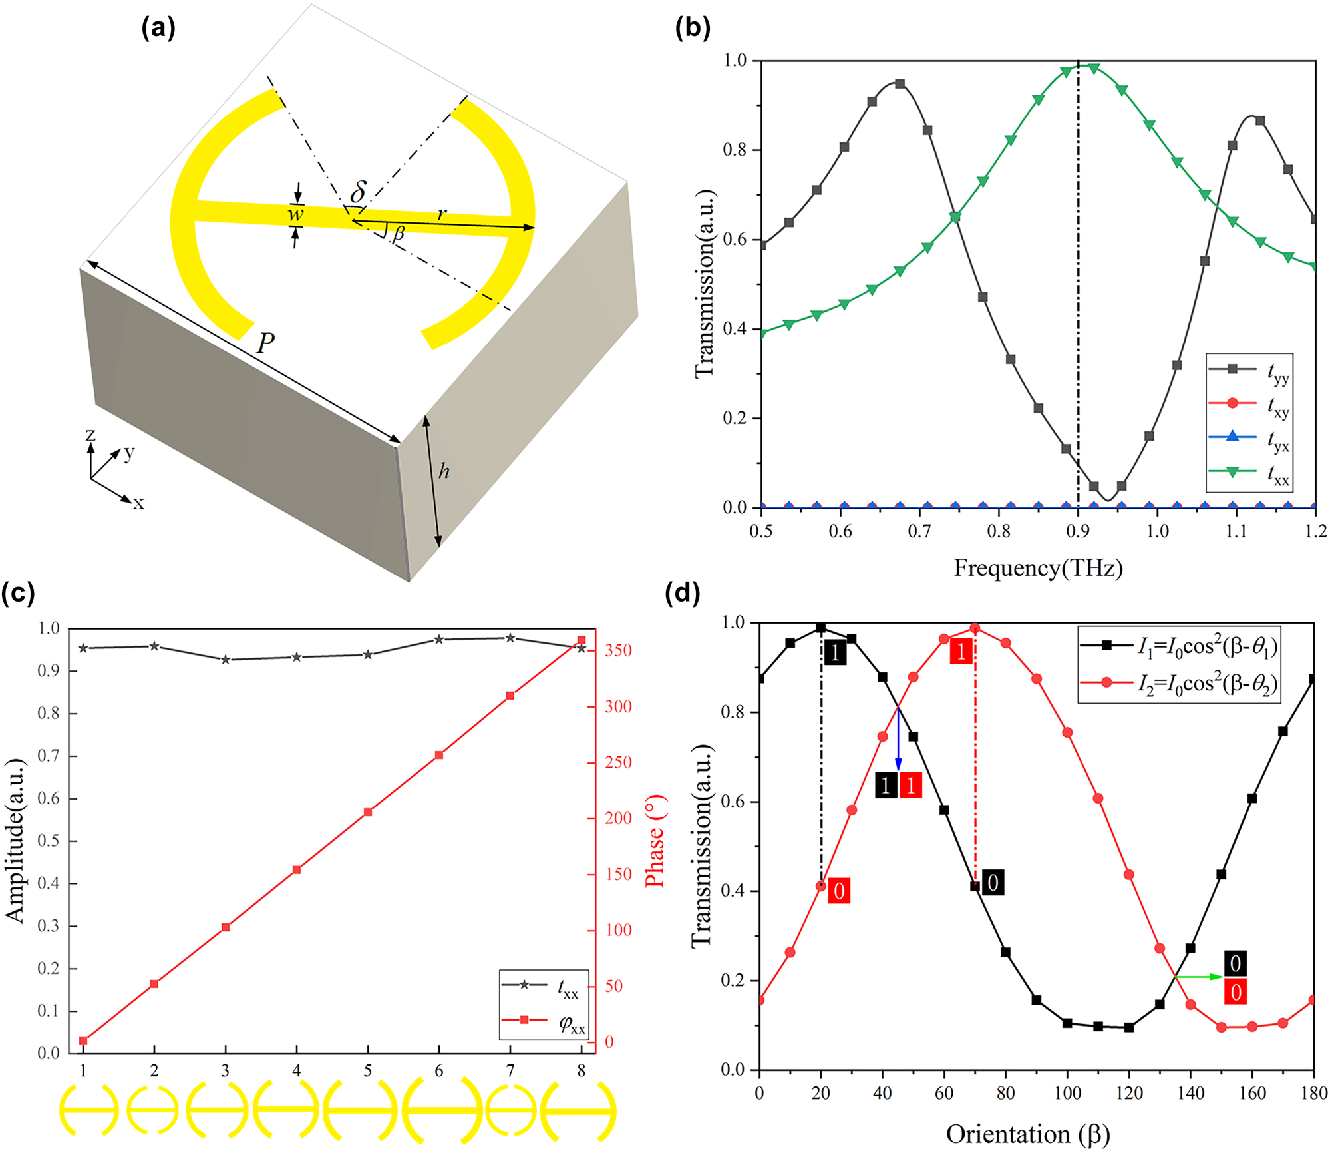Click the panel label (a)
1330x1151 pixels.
[158, 29]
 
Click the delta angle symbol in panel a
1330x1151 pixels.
[357, 192]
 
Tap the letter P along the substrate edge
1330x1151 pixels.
[265, 343]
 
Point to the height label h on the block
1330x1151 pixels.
[444, 471]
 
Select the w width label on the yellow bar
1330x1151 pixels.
[295, 214]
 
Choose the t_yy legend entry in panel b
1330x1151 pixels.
[1249, 370]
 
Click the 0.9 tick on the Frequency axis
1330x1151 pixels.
[1078, 531]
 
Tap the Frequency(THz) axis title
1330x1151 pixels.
[1038, 568]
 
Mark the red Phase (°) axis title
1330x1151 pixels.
[655, 841]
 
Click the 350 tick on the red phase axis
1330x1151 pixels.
[618, 650]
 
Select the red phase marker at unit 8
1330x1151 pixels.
[581, 640]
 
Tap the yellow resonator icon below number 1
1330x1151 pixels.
[88, 1110]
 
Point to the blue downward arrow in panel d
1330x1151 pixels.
[898, 739]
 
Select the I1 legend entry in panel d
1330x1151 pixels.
[1178, 646]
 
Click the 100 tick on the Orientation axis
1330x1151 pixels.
[1067, 1093]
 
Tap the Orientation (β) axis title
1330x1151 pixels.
[1028, 1133]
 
